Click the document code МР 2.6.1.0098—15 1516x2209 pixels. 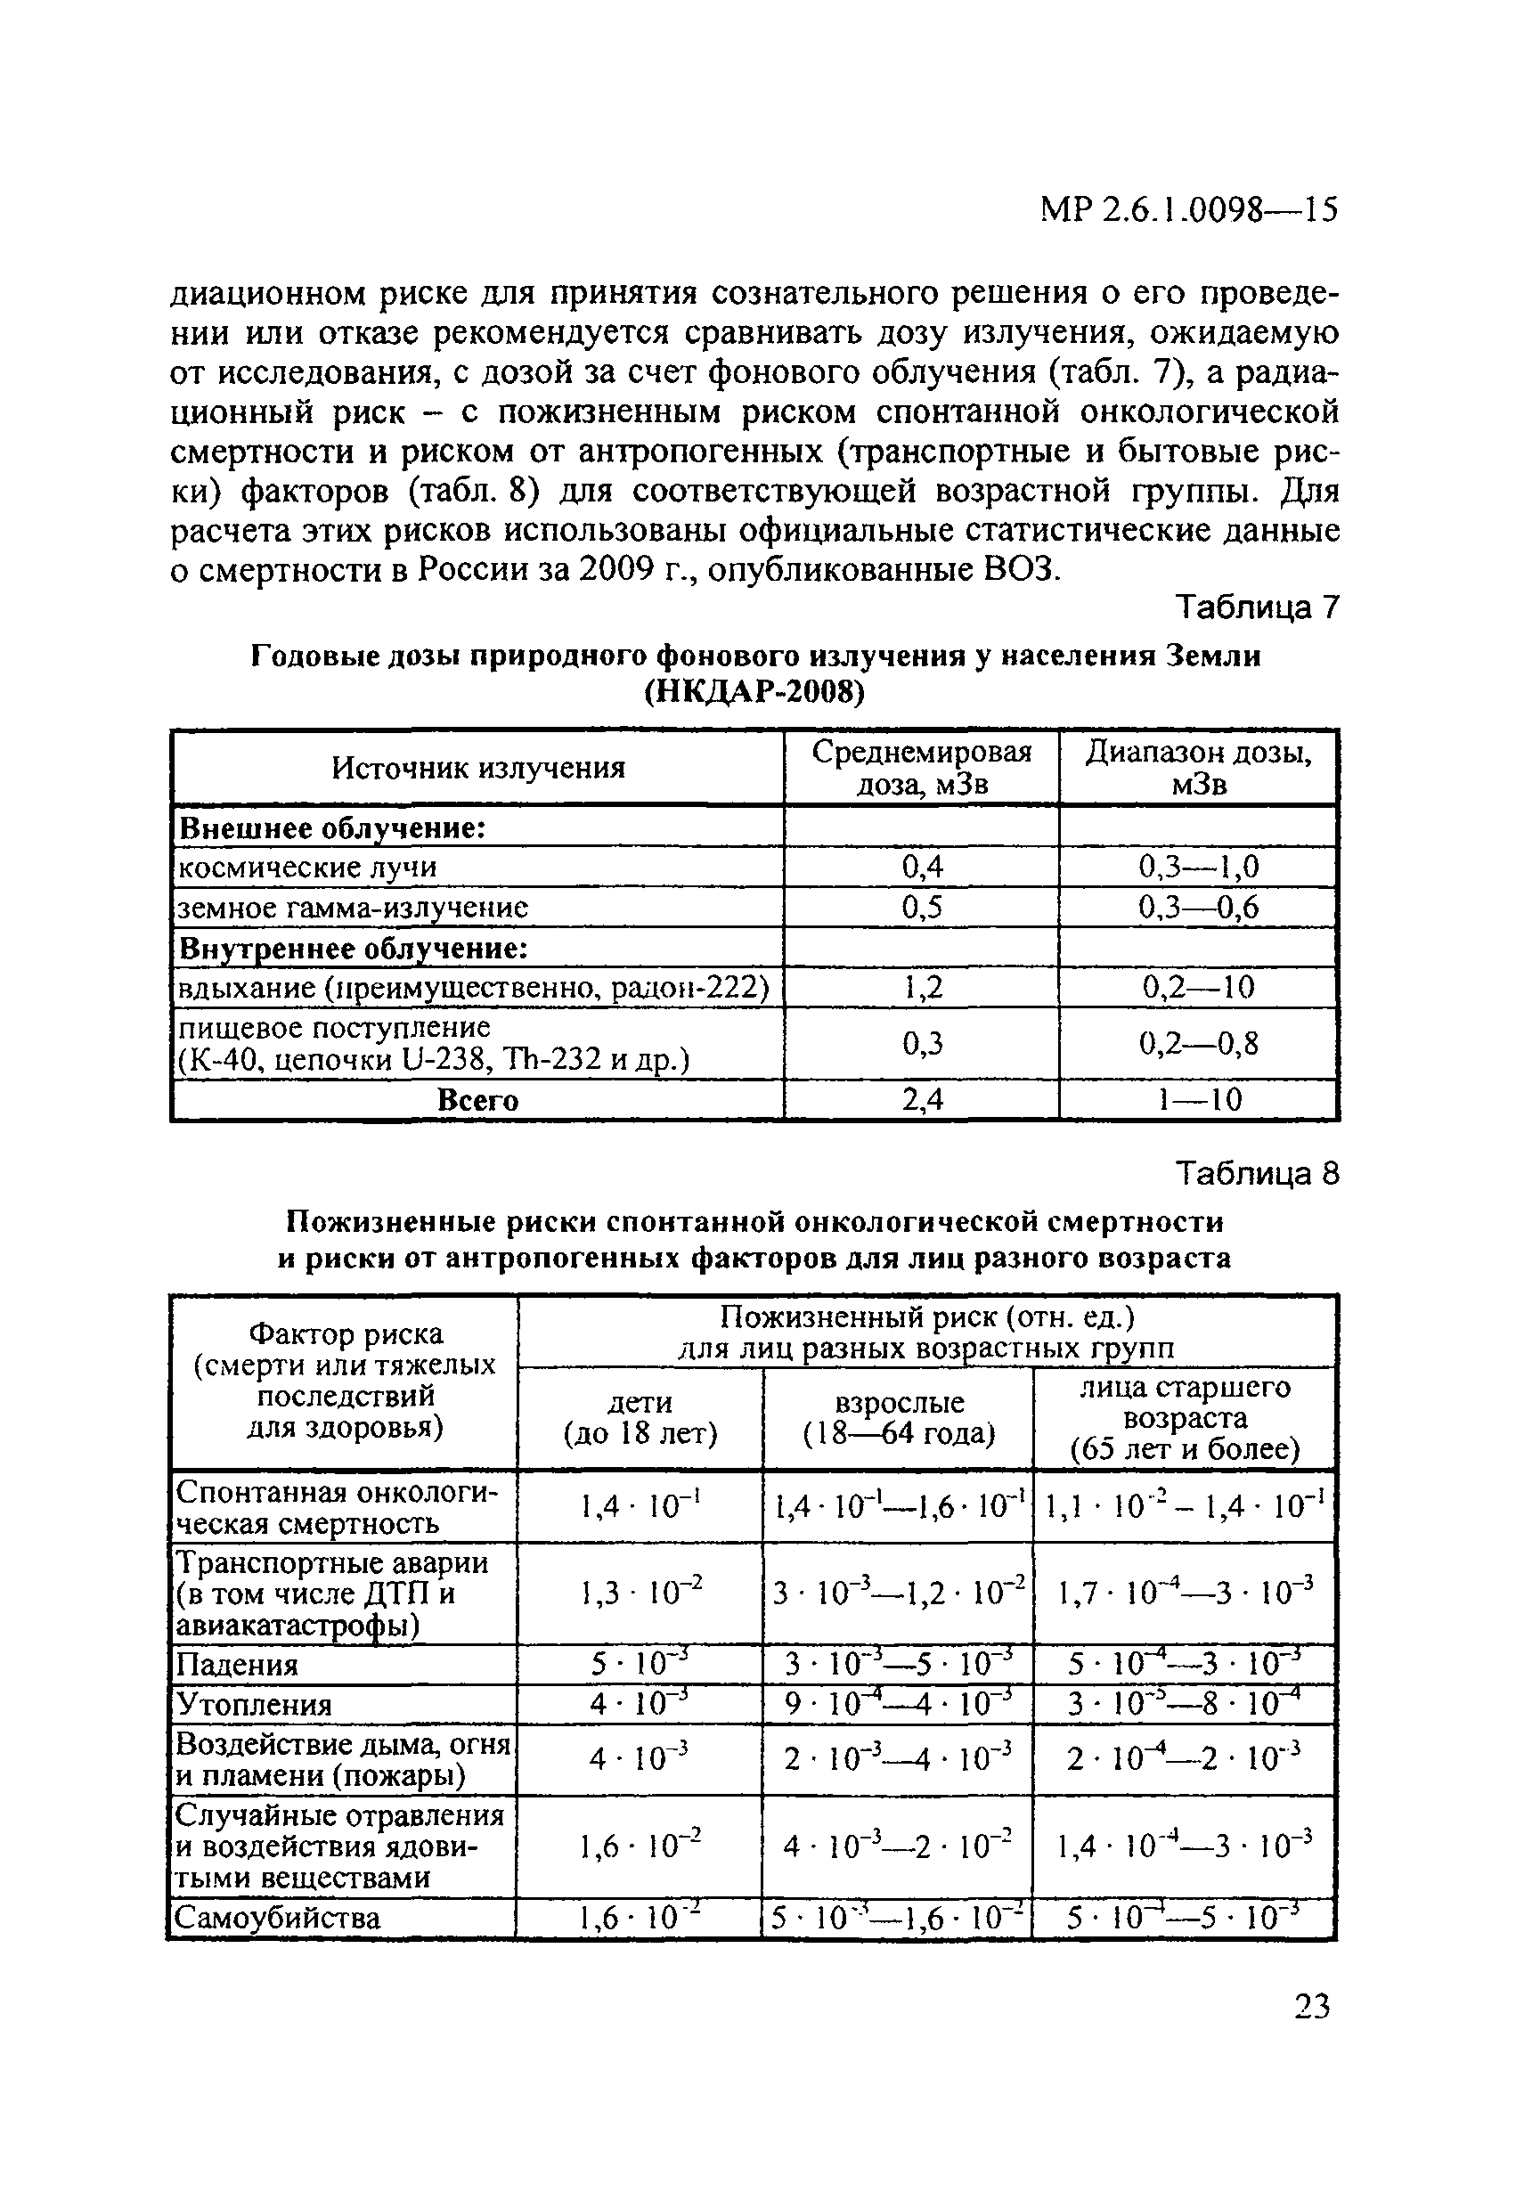tap(1189, 209)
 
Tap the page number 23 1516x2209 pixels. tap(1312, 2006)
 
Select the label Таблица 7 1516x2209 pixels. tap(1258, 607)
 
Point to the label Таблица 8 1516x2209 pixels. tap(1258, 1175)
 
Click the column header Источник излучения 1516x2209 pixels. tap(478, 767)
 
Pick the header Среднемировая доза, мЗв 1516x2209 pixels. tap(921, 767)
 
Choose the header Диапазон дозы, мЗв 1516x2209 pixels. tap(1199, 767)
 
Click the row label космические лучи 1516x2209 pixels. tap(309, 868)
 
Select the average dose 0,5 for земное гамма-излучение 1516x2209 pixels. tap(921, 908)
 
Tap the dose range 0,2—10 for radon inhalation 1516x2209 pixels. tap(1199, 988)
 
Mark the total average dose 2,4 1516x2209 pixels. tap(921, 1100)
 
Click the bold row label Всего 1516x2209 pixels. tap(478, 1100)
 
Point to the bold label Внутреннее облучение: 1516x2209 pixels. tap(354, 948)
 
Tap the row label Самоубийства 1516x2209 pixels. tap(279, 1917)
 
